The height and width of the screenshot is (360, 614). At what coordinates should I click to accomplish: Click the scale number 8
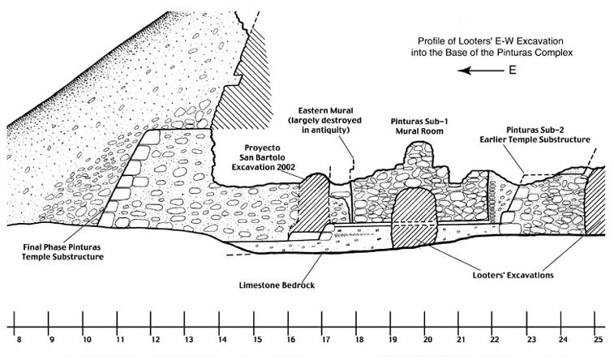[19, 340]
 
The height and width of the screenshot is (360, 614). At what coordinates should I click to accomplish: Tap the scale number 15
[257, 340]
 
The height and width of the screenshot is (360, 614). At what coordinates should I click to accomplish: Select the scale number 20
[427, 340]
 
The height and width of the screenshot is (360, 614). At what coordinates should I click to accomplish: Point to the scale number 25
[598, 340]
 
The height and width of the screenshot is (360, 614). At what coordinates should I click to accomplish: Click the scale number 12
[155, 340]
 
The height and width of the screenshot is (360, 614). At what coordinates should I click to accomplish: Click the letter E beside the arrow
[512, 71]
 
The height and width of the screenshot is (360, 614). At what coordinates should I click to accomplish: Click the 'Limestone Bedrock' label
[277, 285]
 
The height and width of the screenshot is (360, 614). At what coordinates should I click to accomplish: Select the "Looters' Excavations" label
[513, 275]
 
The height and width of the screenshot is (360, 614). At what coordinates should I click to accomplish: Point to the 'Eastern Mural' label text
[325, 111]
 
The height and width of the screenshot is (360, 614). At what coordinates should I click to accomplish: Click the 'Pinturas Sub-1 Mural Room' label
[419, 126]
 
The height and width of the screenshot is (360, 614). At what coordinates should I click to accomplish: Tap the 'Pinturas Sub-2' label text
[535, 130]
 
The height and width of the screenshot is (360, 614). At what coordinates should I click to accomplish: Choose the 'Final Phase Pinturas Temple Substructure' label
[63, 252]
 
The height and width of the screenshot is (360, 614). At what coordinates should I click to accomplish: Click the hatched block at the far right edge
[595, 200]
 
